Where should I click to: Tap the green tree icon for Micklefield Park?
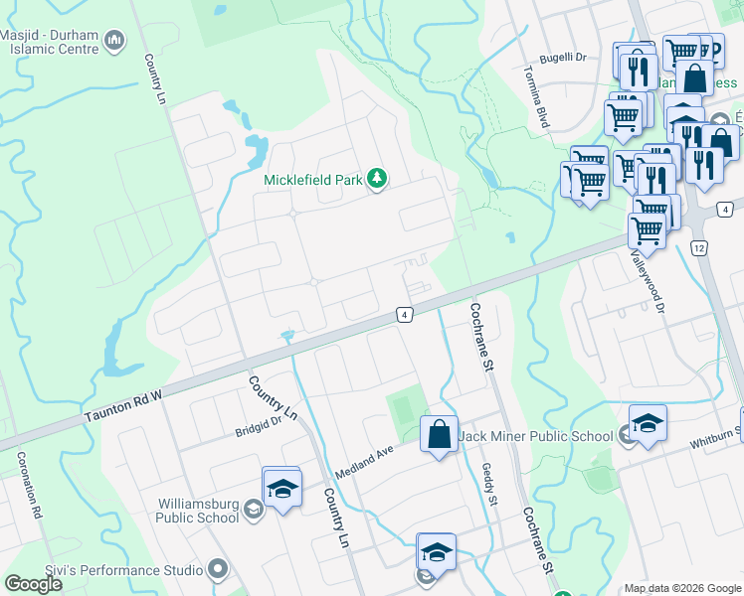tap(377, 179)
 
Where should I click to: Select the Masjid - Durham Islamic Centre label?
tap(51, 41)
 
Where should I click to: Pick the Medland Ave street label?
tap(366, 460)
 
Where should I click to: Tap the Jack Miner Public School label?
tap(537, 436)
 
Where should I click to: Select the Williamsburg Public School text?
tap(198, 510)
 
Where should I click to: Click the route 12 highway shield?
tap(699, 246)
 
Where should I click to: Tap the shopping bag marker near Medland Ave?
tap(439, 434)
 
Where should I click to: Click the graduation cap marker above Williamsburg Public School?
tap(283, 488)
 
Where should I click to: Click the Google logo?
tap(34, 584)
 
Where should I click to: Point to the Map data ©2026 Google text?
tap(681, 588)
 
